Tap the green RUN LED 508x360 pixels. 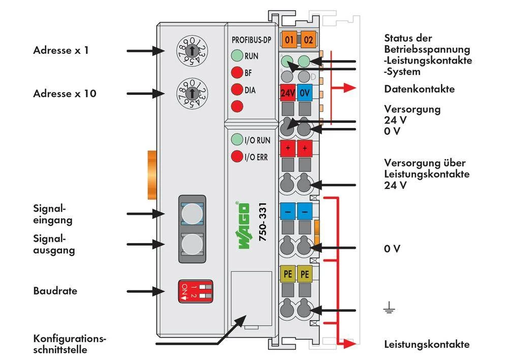[236, 56]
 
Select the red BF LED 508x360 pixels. [236, 73]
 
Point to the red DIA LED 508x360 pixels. [236, 90]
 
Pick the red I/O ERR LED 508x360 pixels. [236, 156]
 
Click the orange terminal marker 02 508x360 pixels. [307, 39]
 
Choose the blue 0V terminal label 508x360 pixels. [305, 93]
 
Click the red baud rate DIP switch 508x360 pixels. [195, 291]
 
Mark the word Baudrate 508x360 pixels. [55, 291]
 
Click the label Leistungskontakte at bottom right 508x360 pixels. [426, 344]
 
